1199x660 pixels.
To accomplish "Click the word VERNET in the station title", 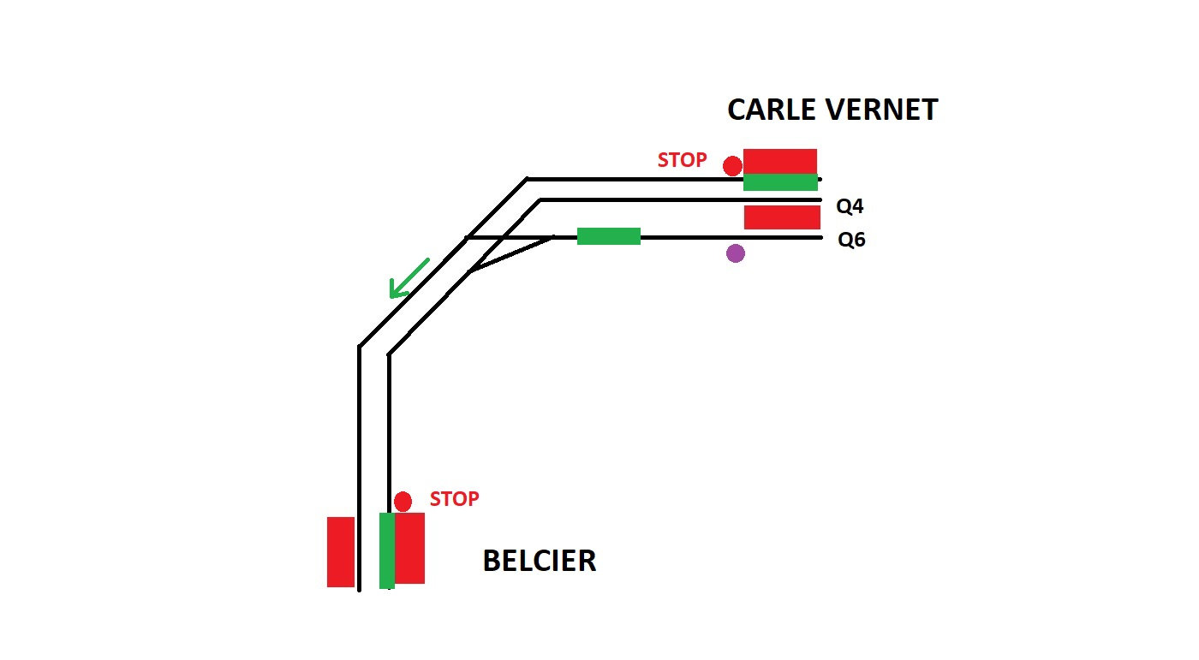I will click(883, 110).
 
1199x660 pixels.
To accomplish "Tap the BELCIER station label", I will click(539, 562).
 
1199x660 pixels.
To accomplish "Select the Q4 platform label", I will click(851, 206).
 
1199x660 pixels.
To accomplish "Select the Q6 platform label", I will click(851, 240).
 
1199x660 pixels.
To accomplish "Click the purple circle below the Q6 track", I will click(735, 253).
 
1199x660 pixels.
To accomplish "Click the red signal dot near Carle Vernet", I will click(732, 165).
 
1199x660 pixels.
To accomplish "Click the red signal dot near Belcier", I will click(403, 502).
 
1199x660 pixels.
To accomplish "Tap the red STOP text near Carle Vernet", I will click(682, 160).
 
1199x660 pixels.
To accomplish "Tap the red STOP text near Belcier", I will click(454, 499).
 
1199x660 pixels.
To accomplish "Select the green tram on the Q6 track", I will click(608, 236).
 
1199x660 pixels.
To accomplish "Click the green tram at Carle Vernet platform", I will click(780, 182).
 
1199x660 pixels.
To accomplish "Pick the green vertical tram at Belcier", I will click(387, 550).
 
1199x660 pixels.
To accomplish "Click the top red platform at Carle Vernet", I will click(780, 161).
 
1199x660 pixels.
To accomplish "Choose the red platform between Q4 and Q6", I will click(781, 217).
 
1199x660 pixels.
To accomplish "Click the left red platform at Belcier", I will click(341, 551).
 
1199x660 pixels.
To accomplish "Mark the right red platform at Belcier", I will click(410, 548).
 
